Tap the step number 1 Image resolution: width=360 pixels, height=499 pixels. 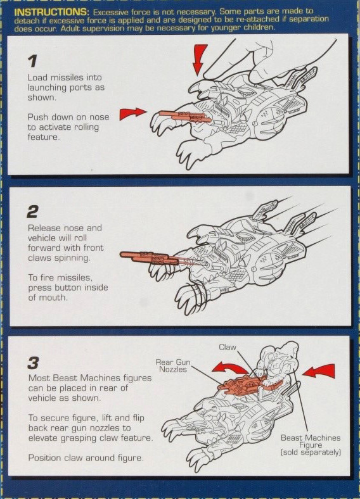tap(32, 61)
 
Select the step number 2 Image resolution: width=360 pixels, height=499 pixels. tap(33, 212)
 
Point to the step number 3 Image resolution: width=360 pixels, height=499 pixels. tap(33, 363)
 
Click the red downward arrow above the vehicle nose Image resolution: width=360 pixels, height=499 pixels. tap(200, 60)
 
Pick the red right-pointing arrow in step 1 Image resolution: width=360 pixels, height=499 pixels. tap(133, 113)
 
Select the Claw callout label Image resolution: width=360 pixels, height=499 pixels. tap(227, 347)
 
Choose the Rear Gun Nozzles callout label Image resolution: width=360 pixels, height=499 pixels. tap(173, 365)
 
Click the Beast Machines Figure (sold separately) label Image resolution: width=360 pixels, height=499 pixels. tap(311, 445)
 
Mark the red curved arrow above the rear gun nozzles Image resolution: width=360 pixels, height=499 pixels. tap(229, 369)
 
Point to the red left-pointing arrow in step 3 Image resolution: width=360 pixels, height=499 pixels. tap(319, 371)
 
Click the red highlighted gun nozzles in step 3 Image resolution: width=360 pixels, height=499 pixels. tap(247, 384)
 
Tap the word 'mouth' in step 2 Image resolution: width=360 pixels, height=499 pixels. tap(53, 298)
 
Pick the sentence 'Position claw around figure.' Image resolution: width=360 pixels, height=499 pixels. tap(86, 458)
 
